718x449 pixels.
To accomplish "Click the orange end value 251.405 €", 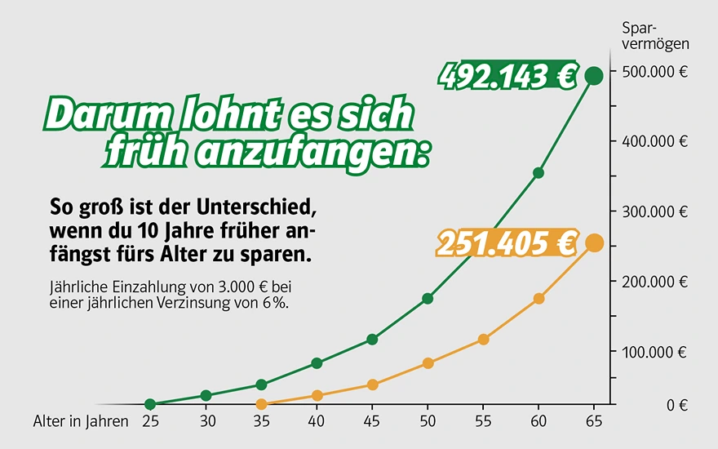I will click(506, 243).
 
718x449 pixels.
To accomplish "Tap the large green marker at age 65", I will click(594, 76).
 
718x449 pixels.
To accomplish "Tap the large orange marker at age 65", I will click(594, 243).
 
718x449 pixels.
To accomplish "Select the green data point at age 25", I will click(150, 404).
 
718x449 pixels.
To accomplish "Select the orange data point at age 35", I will click(261, 404).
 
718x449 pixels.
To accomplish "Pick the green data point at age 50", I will click(428, 299).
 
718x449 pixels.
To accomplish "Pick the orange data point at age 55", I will click(483, 339).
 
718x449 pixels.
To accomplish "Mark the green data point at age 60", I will click(538, 173).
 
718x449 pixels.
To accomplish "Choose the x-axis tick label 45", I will click(372, 421).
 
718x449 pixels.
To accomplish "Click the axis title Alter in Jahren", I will click(81, 421).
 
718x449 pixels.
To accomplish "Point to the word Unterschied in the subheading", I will click(264, 202).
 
